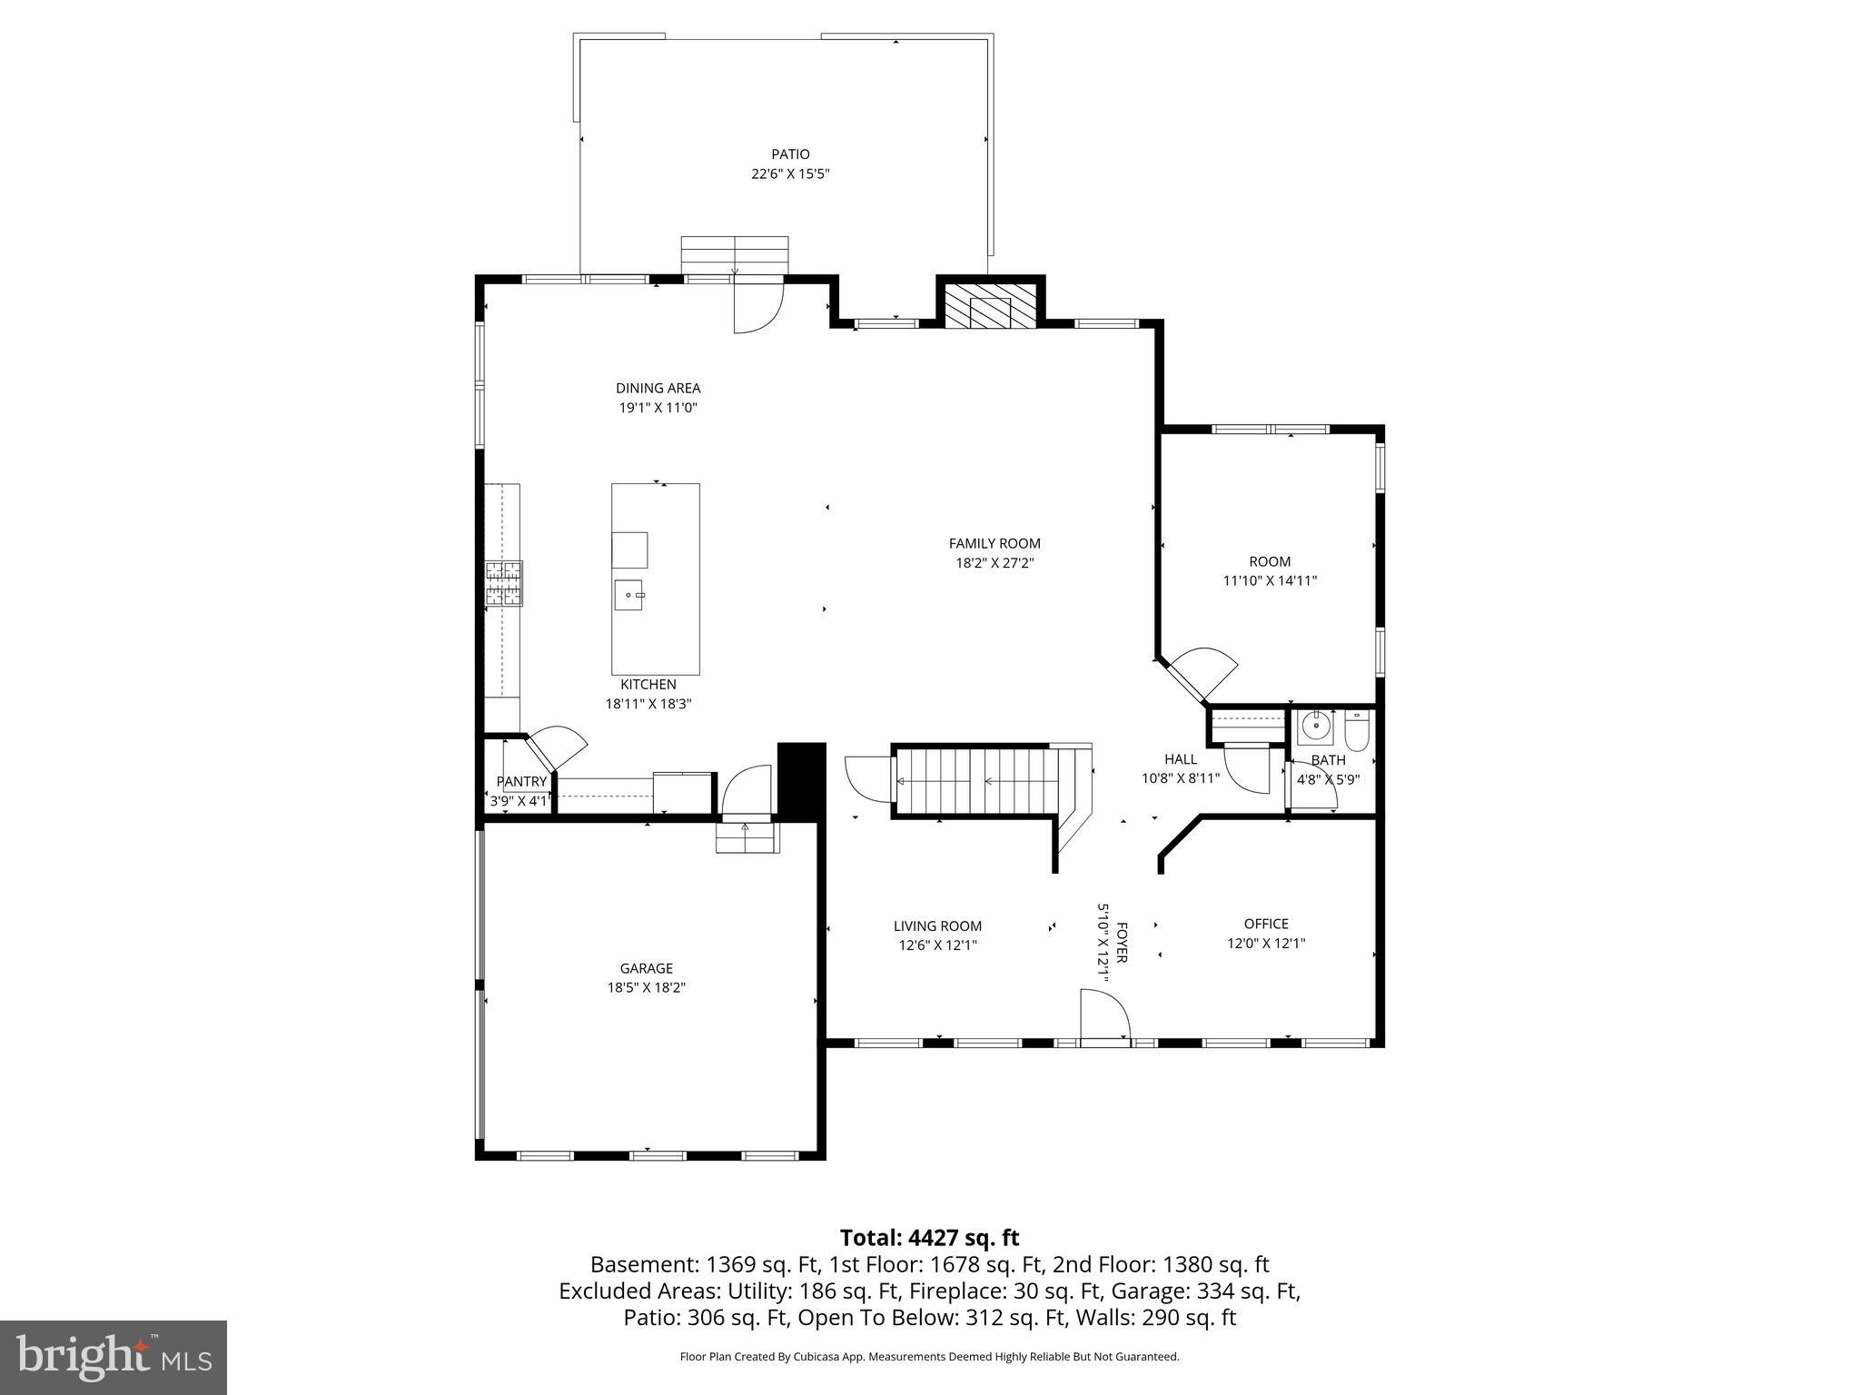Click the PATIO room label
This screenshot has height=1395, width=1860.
point(790,154)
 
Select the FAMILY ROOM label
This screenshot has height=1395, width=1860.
point(994,543)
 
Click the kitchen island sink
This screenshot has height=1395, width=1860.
point(629,595)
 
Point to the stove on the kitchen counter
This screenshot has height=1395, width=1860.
point(504,583)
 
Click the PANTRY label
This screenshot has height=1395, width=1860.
point(521,781)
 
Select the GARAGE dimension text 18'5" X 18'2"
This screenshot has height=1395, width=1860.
point(646,987)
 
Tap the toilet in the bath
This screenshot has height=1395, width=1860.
point(1356,732)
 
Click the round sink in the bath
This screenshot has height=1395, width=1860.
point(1315,727)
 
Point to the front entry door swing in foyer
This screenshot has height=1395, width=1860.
point(1103,1015)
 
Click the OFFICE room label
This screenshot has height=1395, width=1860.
point(1266,924)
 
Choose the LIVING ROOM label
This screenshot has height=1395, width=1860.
point(937,926)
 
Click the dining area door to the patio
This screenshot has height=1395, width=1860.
point(757,307)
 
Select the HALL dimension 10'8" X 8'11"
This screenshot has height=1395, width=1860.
point(1180,778)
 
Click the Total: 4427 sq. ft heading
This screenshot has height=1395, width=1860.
point(929,1238)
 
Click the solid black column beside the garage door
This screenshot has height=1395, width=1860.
point(801,781)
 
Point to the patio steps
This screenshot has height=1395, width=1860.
point(735,254)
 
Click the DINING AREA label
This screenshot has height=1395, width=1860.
point(658,389)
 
